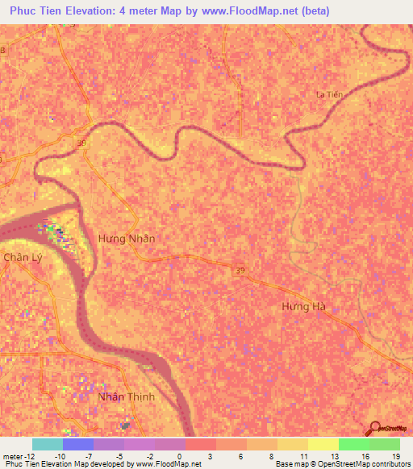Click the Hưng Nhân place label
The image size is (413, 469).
pos(126,239)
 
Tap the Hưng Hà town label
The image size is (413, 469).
pos(307,307)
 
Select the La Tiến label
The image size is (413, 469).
pos(329,94)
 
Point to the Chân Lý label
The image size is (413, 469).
pos(21,257)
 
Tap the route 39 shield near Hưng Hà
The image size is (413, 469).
pos(240,268)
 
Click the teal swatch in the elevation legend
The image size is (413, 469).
pos(48,444)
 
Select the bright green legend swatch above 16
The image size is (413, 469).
pos(353,444)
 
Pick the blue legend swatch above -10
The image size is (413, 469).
pos(78,444)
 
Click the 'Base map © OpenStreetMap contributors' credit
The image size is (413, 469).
pos(343,464)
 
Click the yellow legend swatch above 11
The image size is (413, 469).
pos(292,444)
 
